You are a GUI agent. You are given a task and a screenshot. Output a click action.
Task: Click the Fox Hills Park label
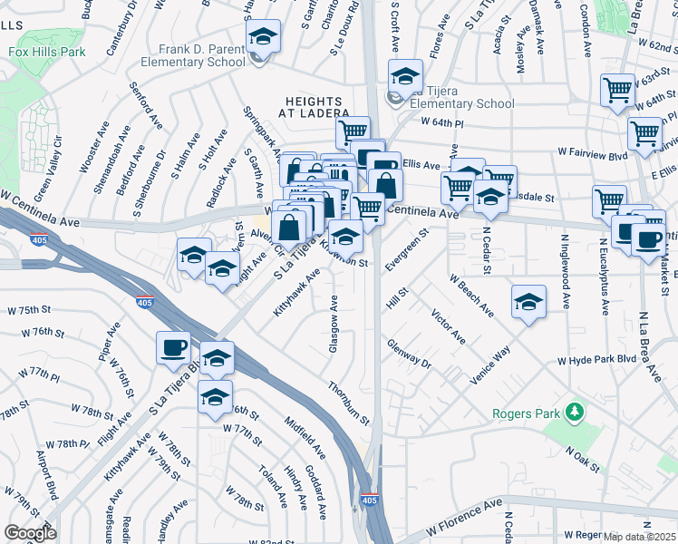pos(48,52)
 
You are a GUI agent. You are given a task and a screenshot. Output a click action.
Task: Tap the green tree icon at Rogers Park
pos(573,413)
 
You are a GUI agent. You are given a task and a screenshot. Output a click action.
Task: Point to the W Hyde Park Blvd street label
pos(597,360)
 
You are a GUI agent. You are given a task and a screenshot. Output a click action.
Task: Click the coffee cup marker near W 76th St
pos(174,346)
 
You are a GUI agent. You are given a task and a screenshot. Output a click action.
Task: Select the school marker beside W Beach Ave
pos(528,302)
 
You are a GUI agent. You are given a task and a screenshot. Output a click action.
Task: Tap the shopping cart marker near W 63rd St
pos(617,90)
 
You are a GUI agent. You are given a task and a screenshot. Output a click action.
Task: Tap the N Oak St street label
pos(584,459)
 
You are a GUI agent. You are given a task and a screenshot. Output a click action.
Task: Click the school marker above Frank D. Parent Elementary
pos(264,36)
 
